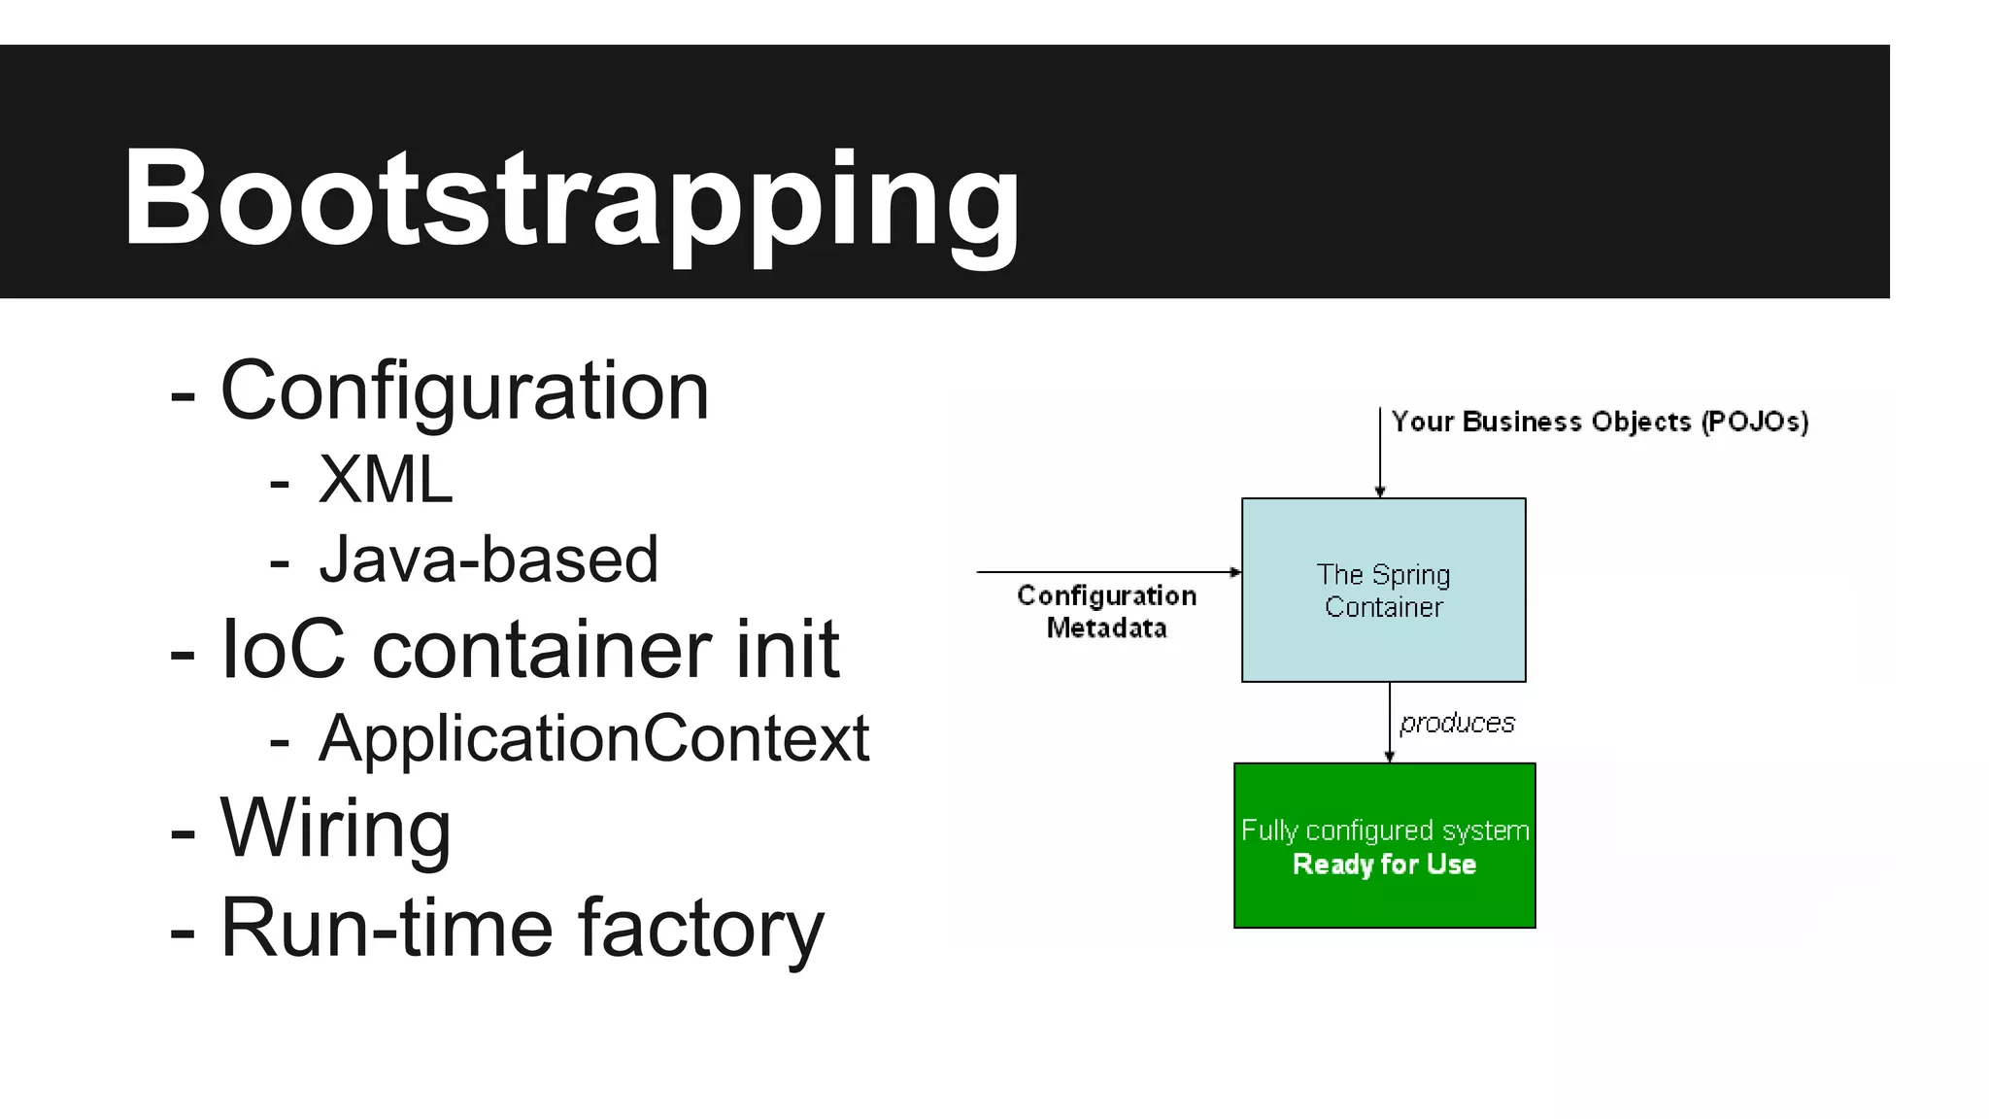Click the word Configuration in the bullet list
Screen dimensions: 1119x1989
pos(464,391)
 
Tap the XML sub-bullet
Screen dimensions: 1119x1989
pos(385,480)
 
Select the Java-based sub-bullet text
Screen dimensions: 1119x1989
pos(489,560)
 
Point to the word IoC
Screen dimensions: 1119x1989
pos(283,649)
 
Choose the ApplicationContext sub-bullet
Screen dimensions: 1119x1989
pos(593,739)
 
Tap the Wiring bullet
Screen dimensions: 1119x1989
pos(335,829)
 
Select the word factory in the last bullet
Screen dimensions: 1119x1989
pos(700,928)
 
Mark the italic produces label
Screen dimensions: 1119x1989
pos(1457,723)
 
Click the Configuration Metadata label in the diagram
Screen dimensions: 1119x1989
pos(1106,611)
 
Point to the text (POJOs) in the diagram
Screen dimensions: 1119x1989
pos(1754,422)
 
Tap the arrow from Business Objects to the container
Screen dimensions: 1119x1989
pos(1380,452)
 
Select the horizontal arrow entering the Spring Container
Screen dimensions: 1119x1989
pos(1107,572)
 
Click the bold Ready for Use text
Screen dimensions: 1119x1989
pos(1384,864)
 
